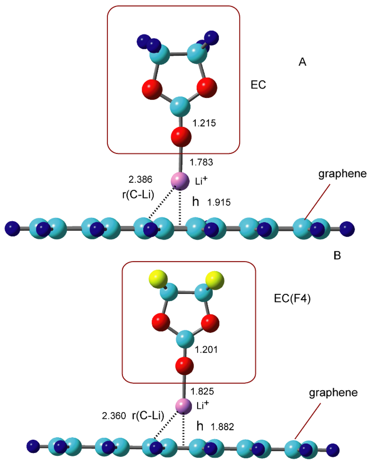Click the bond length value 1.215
point(204,123)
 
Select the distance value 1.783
point(201,162)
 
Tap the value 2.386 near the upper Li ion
point(140,179)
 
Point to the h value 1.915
point(219,202)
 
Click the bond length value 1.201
point(206,350)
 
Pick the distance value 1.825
point(202,391)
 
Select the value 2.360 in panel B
point(114,416)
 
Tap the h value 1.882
point(222,427)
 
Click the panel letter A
point(302,62)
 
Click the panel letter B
point(337,256)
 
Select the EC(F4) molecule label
point(292,299)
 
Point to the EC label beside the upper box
point(258,85)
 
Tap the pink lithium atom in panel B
point(184,406)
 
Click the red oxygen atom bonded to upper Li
point(181,137)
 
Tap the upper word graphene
point(342,174)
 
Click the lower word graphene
point(333,393)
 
